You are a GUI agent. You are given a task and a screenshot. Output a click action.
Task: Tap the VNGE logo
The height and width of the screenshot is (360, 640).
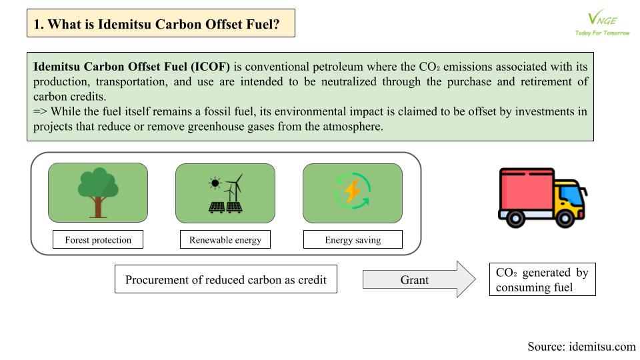pos(603,19)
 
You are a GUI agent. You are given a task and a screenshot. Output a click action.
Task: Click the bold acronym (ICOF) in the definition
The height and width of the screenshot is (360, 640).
pos(211,67)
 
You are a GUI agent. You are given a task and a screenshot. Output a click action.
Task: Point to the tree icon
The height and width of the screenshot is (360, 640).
pos(98,192)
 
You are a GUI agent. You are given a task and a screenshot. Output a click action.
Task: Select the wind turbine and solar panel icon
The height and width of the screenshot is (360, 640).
pos(226,193)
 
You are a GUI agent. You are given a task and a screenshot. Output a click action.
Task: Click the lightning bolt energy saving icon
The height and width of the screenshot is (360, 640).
pos(353,191)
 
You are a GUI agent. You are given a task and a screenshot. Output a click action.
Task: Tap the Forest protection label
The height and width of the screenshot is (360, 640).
pos(98,239)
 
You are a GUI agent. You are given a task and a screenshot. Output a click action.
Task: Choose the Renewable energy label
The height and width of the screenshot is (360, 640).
pos(225,239)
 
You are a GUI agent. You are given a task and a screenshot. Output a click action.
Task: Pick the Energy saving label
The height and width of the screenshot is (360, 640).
pos(353,239)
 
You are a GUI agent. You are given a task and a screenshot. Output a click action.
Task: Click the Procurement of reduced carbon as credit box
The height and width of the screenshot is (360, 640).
pos(226,279)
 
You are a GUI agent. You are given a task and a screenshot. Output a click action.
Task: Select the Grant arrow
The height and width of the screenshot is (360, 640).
pos(419,279)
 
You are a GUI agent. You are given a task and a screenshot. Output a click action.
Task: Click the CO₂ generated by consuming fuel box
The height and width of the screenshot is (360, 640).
pos(543,279)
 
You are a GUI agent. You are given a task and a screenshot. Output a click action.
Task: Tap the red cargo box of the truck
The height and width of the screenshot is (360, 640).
pos(527,190)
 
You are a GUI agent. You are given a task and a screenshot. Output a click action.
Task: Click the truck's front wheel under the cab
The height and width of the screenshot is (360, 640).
pos(565,219)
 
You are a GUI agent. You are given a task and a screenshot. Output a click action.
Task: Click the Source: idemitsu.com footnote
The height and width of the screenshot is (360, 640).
pos(581,347)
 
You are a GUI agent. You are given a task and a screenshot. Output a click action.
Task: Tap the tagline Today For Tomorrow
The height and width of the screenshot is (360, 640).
pos(603,33)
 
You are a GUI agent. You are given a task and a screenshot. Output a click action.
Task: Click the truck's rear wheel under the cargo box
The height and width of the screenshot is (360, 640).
pos(515,219)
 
